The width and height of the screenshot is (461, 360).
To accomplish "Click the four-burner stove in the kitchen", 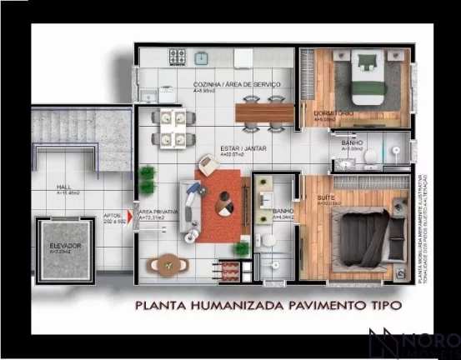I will click(178, 57).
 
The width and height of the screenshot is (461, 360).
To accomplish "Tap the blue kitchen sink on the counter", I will click(201, 58).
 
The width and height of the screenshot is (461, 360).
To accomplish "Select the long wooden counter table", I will click(264, 112).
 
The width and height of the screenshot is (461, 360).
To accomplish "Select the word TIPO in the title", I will click(383, 306).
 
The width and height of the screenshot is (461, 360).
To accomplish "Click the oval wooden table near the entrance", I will click(164, 264).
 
